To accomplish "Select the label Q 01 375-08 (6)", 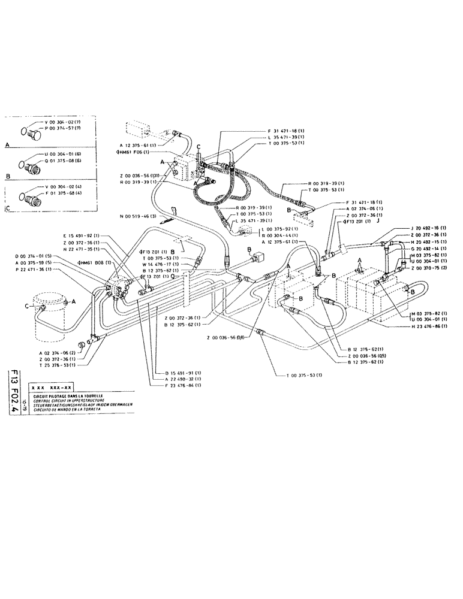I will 61,162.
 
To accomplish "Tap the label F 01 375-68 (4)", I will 61,195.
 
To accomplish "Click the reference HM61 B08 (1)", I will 97,263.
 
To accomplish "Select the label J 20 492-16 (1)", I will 426,228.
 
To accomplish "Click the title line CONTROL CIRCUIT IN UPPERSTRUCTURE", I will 70,400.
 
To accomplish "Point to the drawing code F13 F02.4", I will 13,391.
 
